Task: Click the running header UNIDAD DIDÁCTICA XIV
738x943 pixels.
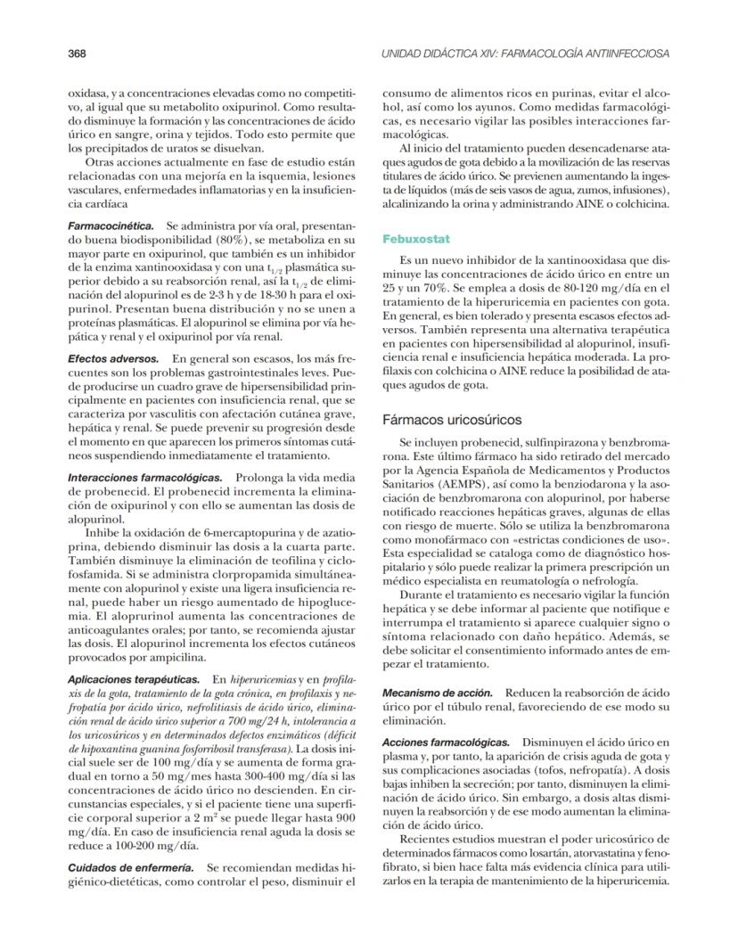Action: pyautogui.click(x=525, y=53)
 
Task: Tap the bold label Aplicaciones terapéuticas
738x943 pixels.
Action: pyautogui.click(x=133, y=678)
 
